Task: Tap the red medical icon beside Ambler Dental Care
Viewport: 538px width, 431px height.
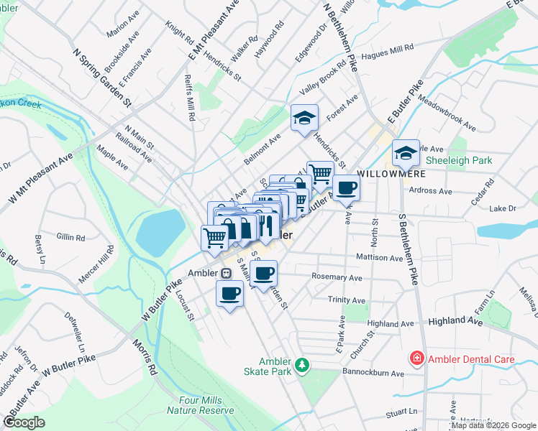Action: click(x=416, y=358)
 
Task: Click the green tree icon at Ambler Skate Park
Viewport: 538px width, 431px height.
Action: click(x=304, y=366)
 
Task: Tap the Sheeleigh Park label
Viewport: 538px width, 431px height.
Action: click(x=459, y=160)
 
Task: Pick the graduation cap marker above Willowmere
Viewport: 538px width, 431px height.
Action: click(x=406, y=152)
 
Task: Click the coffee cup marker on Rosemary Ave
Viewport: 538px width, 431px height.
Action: click(x=264, y=274)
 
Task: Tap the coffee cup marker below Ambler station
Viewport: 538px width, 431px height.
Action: click(x=230, y=293)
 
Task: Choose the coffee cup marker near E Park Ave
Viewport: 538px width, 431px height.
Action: click(x=346, y=188)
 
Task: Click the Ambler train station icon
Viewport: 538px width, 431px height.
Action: click(x=226, y=273)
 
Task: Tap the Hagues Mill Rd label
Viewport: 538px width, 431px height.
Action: click(x=388, y=47)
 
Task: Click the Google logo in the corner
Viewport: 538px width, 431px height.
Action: click(x=24, y=422)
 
